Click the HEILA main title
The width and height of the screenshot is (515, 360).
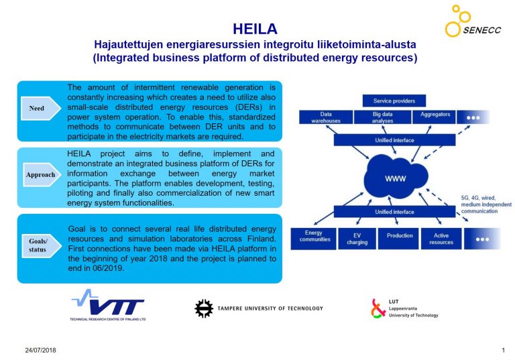click(255, 29)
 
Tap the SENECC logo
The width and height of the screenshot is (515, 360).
click(473, 21)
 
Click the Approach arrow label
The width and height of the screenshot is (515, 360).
click(42, 174)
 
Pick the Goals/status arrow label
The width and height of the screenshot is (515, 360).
click(42, 245)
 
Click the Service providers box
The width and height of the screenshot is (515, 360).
click(394, 101)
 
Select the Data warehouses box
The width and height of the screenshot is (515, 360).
click(326, 117)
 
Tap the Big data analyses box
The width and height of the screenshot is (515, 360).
click(383, 117)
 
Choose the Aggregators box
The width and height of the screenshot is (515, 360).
click(434, 117)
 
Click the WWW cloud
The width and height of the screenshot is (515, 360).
click(396, 177)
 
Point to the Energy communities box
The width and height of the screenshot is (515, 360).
click(313, 239)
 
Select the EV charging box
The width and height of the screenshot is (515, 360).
click(357, 239)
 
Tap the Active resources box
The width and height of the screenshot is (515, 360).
click(441, 239)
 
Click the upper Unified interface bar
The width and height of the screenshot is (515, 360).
click(394, 140)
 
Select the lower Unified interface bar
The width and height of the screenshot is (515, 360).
click(394, 212)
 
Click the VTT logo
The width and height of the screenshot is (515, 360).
click(108, 305)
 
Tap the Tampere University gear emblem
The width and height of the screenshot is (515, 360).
click(204, 308)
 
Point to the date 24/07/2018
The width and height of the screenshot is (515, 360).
click(40, 350)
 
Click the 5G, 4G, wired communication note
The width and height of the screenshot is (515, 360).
click(486, 204)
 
